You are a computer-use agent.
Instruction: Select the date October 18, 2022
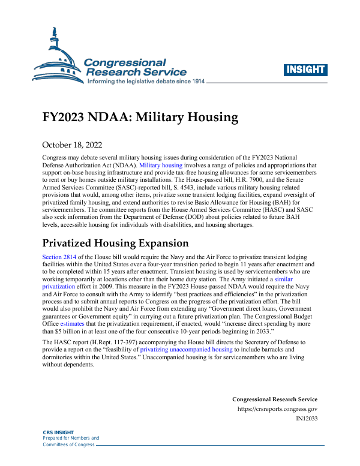[72, 145]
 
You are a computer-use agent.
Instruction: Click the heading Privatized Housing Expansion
[115, 243]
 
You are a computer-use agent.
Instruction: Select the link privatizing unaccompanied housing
[186, 349]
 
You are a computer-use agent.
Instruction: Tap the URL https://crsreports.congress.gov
[278, 409]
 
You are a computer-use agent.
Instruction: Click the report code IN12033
[307, 419]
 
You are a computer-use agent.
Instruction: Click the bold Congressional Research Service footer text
[274, 399]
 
